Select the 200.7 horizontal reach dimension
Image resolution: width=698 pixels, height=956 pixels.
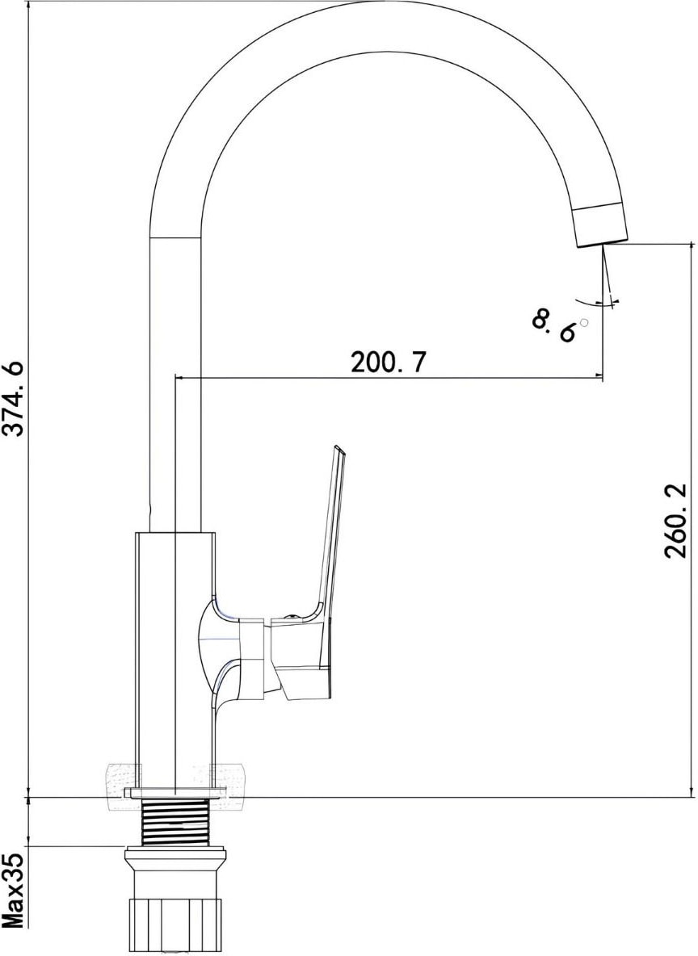pyautogui.click(x=388, y=363)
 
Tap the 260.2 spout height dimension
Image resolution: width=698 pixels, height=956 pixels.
pyautogui.click(x=675, y=521)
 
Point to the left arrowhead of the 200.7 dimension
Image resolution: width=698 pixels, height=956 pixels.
pyautogui.click(x=180, y=376)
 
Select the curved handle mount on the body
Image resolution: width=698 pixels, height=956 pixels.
pyautogui.click(x=218, y=646)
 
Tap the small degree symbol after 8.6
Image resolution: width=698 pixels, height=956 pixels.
pyautogui.click(x=584, y=322)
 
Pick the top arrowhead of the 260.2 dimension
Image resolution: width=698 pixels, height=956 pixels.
pyautogui.click(x=691, y=247)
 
